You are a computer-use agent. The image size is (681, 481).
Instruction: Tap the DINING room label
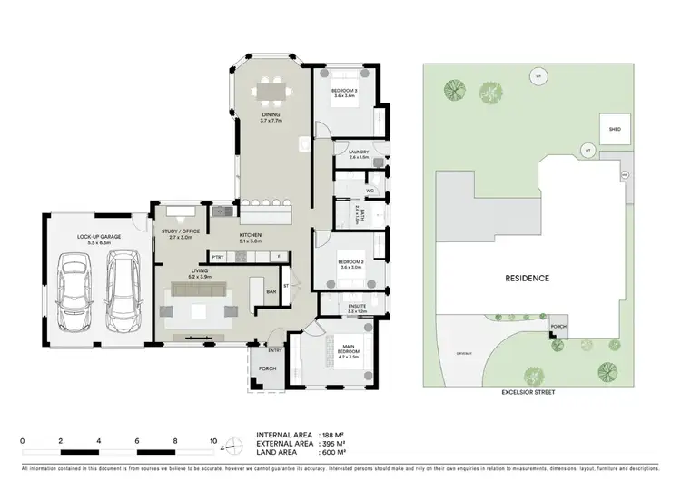(x=271, y=114)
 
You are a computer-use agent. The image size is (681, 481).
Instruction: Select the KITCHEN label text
(x=250, y=236)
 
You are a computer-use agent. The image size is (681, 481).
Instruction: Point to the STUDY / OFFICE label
(x=180, y=231)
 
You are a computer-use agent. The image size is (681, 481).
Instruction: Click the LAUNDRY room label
(x=358, y=153)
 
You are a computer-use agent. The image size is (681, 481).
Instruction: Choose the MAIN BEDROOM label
(x=349, y=347)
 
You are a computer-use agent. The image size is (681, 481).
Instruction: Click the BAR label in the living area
(x=271, y=291)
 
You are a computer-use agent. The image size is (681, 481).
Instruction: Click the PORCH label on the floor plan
(x=268, y=368)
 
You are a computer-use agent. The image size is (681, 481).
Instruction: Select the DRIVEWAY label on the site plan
(x=466, y=354)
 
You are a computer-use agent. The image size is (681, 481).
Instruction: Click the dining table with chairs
(x=271, y=91)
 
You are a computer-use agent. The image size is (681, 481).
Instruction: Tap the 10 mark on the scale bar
(x=214, y=440)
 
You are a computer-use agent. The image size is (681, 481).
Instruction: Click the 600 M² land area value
(x=335, y=452)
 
